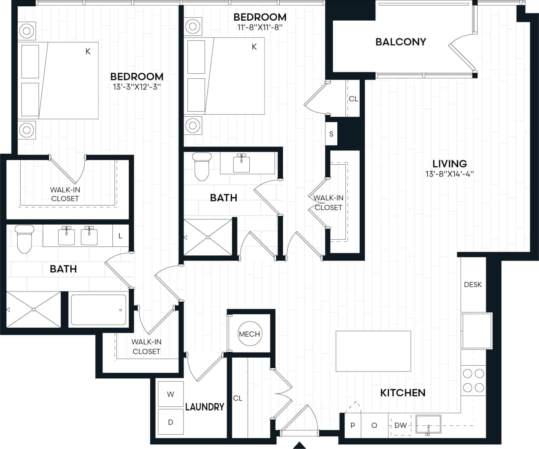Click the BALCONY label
[x=400, y=42]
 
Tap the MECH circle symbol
[x=249, y=334]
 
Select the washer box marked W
[x=171, y=395]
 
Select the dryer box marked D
[x=171, y=422]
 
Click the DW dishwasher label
[x=400, y=425]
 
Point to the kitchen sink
[x=428, y=424]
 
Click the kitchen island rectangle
[x=373, y=351]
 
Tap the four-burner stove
[x=473, y=380]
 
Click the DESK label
[x=472, y=285]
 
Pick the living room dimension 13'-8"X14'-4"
[x=449, y=174]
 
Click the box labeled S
[x=331, y=134]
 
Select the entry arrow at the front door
[x=299, y=445]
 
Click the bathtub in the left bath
[x=99, y=310]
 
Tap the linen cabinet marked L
[x=120, y=236]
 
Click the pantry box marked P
[x=352, y=425]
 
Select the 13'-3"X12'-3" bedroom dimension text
[x=137, y=87]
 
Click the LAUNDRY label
[x=205, y=407]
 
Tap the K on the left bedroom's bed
[x=88, y=51]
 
